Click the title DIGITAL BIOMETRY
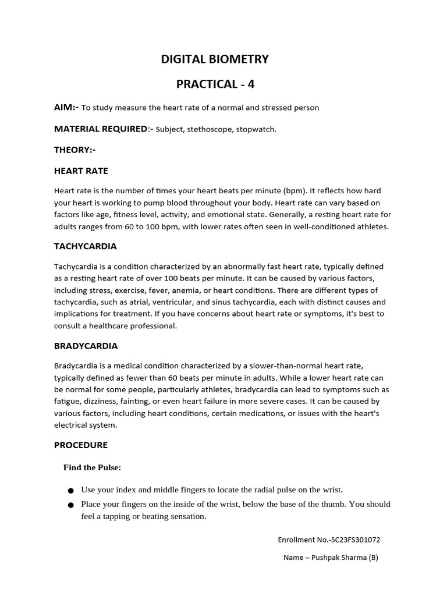click(x=215, y=59)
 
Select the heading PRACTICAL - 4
click(x=215, y=84)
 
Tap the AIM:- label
click(x=66, y=108)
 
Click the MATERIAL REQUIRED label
click(x=100, y=129)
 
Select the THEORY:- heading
click(x=74, y=150)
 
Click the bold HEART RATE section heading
click(x=81, y=171)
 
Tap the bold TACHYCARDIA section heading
click(x=85, y=246)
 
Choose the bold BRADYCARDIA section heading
click(x=86, y=346)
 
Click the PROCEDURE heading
click(x=81, y=445)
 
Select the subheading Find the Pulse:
click(x=92, y=468)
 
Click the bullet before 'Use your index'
click(x=70, y=491)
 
